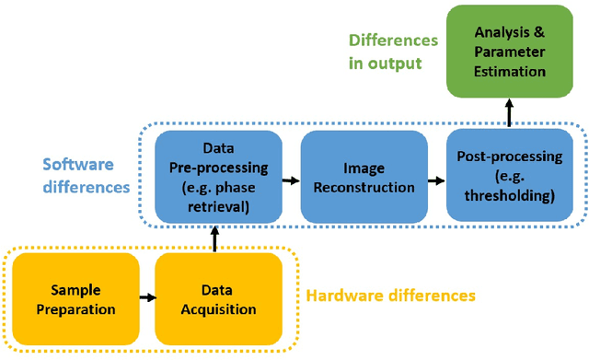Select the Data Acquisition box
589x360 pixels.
pos(217,298)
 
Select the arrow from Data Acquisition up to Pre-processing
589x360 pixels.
pos(214,238)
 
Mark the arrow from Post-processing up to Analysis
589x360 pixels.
pos(509,113)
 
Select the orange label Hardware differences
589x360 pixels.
pos(390,296)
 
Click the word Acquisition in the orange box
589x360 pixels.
pos(217,309)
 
